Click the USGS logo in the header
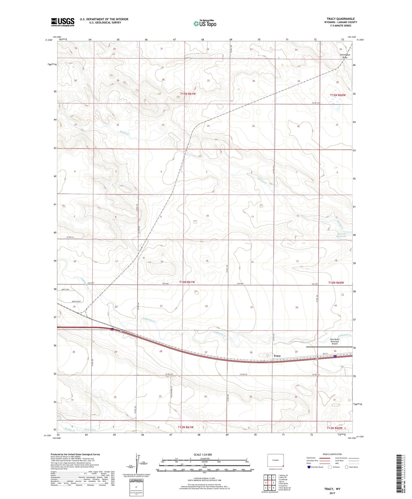63,22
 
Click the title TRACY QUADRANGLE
340,19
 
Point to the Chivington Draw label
345,56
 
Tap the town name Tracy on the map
277,356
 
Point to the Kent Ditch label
90,429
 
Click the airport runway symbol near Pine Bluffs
329,347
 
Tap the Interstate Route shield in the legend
309,467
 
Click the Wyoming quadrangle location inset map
275,460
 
